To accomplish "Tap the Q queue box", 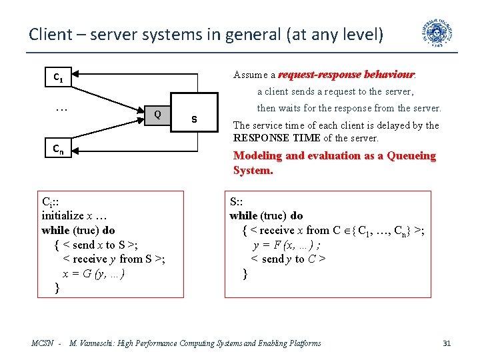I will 157,113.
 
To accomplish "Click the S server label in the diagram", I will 194,119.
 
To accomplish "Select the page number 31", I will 447,343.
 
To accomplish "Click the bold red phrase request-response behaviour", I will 346,75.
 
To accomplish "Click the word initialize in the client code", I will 63,215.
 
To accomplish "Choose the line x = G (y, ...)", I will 93,273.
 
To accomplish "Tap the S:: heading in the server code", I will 237,201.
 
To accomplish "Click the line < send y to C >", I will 288,259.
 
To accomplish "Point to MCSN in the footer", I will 43,343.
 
